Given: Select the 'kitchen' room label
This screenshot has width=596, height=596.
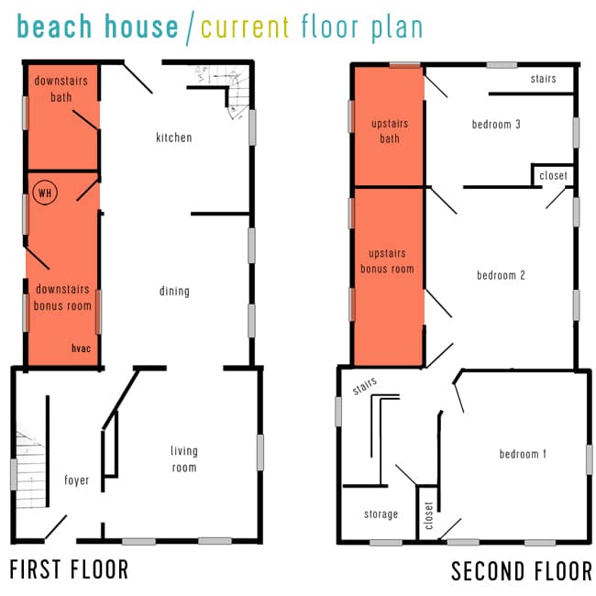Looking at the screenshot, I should [x=174, y=138].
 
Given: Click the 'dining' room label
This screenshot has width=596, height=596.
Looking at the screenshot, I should [x=174, y=292].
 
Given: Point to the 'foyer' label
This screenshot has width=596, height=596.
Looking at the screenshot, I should [x=77, y=480].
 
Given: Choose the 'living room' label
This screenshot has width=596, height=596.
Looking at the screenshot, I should [x=183, y=458].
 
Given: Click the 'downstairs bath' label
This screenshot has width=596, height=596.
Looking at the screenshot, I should [x=61, y=88].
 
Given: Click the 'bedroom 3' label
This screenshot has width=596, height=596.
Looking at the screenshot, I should [x=496, y=125].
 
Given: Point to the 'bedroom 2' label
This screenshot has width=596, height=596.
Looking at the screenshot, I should [x=500, y=274].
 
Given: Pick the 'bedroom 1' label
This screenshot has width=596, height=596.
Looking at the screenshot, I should [x=523, y=454].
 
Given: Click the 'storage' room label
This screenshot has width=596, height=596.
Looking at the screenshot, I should [x=380, y=514].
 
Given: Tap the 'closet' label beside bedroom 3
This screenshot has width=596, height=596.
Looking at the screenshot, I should [x=553, y=176].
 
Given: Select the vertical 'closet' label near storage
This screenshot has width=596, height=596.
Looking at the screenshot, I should [x=429, y=515].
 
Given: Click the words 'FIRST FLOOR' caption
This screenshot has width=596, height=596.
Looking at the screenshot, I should [x=69, y=570].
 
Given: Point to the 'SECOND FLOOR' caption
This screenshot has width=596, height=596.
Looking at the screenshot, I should [x=521, y=572].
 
